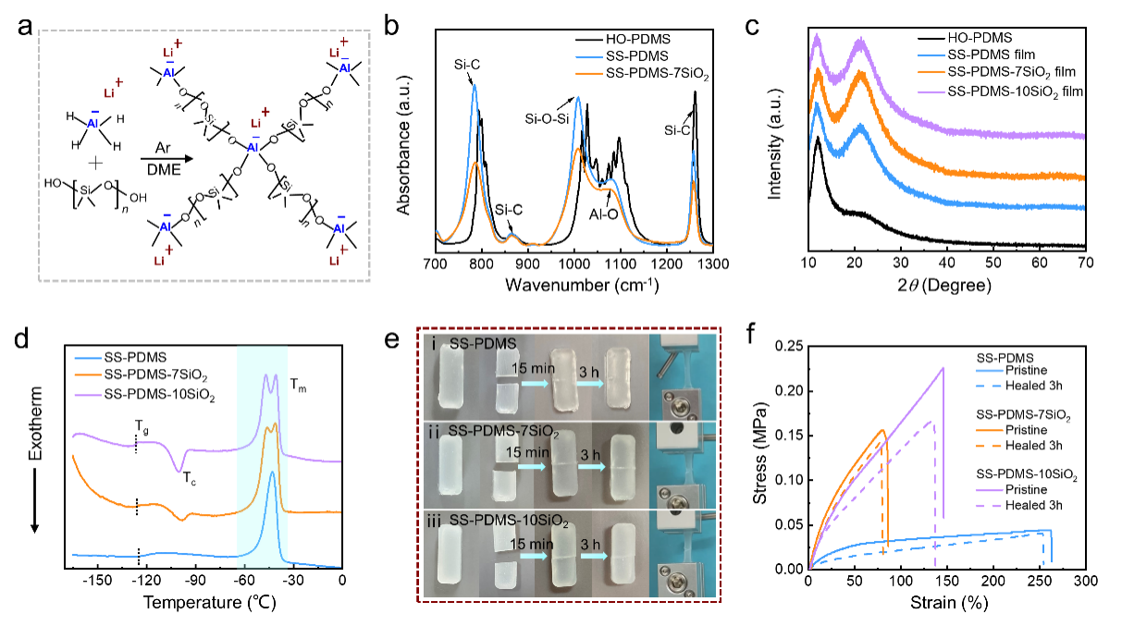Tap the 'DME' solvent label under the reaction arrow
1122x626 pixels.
[157, 166]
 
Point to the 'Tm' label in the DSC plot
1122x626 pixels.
[302, 389]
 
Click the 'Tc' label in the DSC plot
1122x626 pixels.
[188, 478]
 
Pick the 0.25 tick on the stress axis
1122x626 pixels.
[788, 345]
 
